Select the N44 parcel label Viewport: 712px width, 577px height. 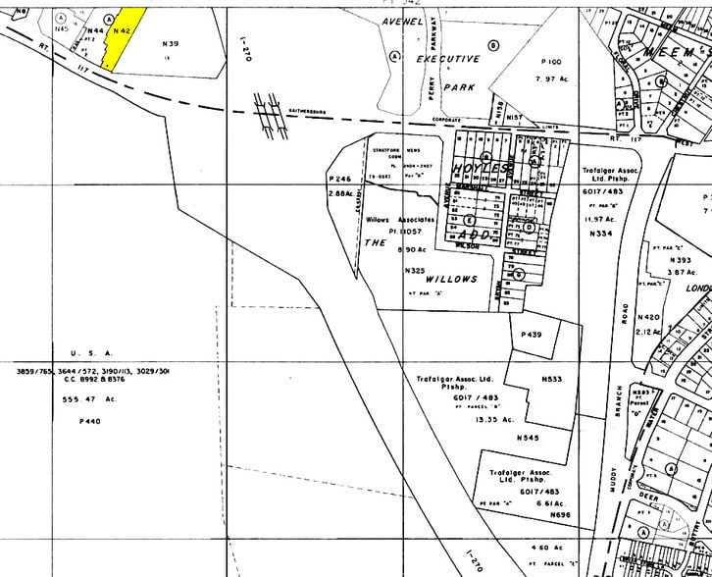[95, 32]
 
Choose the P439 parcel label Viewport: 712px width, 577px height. [532, 335]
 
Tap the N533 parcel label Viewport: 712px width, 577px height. [551, 378]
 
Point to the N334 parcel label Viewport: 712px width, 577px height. [600, 235]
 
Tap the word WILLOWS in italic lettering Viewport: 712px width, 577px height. [452, 279]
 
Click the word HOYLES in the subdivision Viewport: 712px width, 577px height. [482, 170]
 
